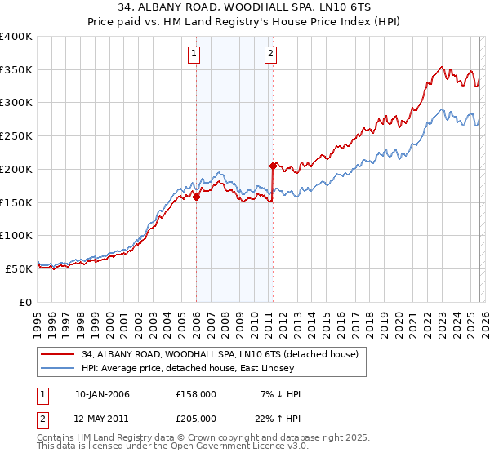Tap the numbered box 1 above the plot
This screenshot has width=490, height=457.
[195, 55]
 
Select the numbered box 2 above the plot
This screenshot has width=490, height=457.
[270, 55]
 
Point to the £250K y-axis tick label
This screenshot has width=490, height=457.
[16, 136]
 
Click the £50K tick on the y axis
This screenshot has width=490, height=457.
[19, 268]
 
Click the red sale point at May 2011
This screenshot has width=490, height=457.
[273, 166]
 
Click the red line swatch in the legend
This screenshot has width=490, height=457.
[58, 354]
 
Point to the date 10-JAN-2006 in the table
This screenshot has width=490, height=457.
[102, 394]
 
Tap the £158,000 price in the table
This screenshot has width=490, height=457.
[196, 394]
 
